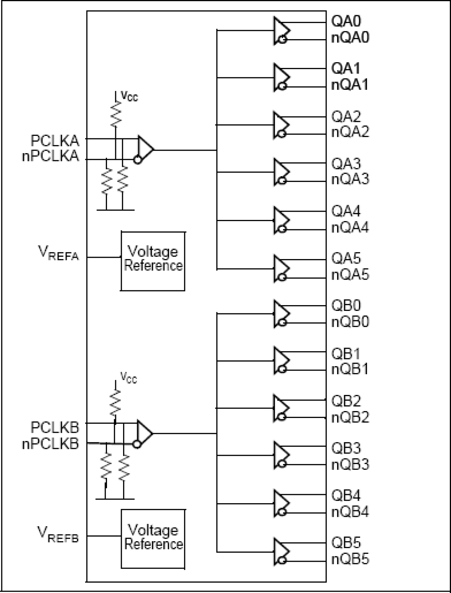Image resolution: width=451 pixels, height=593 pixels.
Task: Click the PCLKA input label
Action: [x=55, y=141]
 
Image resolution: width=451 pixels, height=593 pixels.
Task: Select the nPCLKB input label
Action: [x=50, y=444]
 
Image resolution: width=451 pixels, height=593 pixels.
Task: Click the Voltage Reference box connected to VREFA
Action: [x=153, y=261]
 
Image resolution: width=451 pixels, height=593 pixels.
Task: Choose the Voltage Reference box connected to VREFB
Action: [x=153, y=539]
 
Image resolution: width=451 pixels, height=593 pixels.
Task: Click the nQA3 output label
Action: [x=350, y=179]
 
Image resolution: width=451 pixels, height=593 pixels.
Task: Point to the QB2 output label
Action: [x=346, y=401]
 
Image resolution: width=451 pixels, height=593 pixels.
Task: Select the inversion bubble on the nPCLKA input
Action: [x=137, y=160]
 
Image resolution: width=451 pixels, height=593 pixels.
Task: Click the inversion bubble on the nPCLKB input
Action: [x=136, y=445]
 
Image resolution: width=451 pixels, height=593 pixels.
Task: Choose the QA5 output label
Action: [x=346, y=259]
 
